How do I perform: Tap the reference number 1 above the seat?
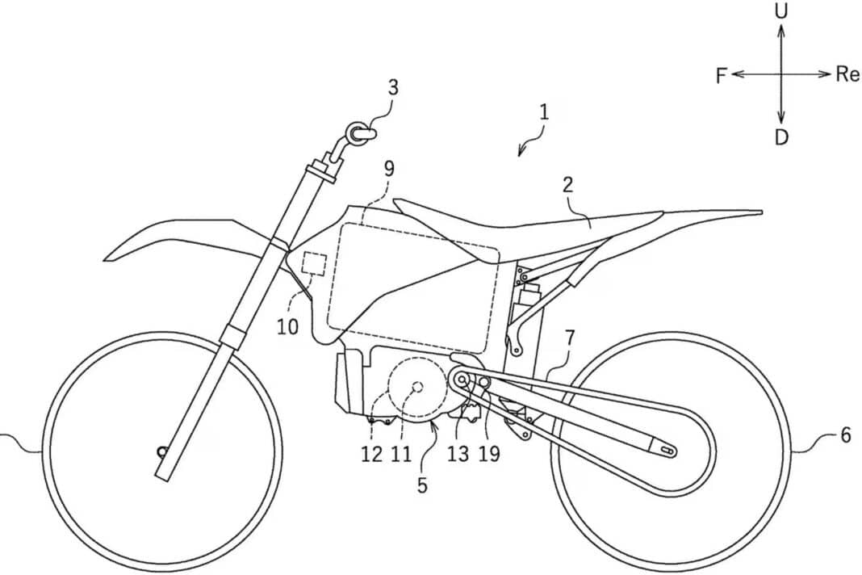click(x=544, y=113)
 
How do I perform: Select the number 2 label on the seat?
click(x=567, y=184)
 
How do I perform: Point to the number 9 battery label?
click(x=389, y=169)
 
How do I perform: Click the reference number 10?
click(x=287, y=327)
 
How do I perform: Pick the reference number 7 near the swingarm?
click(x=569, y=338)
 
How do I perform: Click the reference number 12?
click(x=371, y=454)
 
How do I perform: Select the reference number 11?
click(x=401, y=454)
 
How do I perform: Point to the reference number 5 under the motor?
click(x=422, y=485)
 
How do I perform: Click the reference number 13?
click(x=458, y=454)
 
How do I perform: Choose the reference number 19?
click(x=489, y=454)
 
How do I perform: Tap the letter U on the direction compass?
click(x=781, y=12)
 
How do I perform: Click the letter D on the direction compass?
click(x=781, y=137)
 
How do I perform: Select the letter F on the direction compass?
click(x=722, y=76)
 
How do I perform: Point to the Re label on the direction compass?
click(x=847, y=73)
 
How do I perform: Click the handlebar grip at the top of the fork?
click(x=361, y=132)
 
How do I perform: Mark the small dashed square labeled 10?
click(x=315, y=263)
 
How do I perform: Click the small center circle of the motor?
click(x=417, y=387)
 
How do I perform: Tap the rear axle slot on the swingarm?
click(x=667, y=451)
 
